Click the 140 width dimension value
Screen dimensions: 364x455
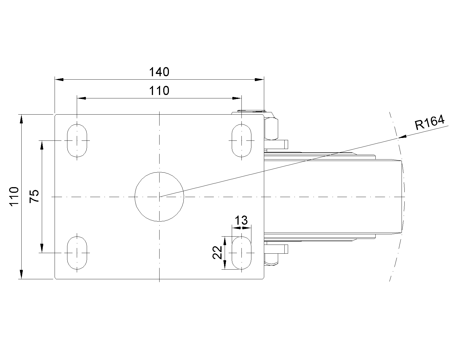159,72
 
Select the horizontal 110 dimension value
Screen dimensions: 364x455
159,91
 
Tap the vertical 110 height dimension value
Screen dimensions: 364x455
14,197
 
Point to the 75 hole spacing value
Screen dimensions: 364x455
34,196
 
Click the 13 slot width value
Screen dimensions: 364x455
242,220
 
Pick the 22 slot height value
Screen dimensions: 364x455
218,253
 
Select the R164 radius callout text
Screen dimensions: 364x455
429,123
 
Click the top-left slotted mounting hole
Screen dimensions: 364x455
77,140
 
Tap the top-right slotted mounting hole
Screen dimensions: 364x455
242,140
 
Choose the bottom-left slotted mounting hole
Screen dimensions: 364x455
77,253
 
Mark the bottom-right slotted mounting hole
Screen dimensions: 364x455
242,253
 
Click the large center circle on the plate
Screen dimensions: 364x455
159,197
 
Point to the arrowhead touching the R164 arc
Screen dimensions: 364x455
402,137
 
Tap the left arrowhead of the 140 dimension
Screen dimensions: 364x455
59,79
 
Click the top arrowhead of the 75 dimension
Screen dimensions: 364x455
42,145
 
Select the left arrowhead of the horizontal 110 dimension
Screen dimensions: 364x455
81,98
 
